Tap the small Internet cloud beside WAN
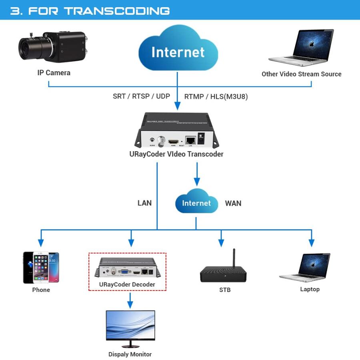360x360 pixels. pos(196,203)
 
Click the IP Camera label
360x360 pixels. pos(54,73)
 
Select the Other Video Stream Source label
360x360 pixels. pos(301,74)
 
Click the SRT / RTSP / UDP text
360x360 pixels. pos(141,96)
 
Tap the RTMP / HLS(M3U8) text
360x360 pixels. pos(216,96)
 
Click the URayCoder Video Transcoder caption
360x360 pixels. pos(176,154)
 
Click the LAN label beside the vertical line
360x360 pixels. pos(144,203)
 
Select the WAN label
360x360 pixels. pos(233,203)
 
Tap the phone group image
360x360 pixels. pos(41,267)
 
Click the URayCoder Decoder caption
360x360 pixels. pos(127,285)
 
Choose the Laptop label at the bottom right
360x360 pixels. pos(310,289)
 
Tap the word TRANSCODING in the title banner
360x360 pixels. pos(117,11)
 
